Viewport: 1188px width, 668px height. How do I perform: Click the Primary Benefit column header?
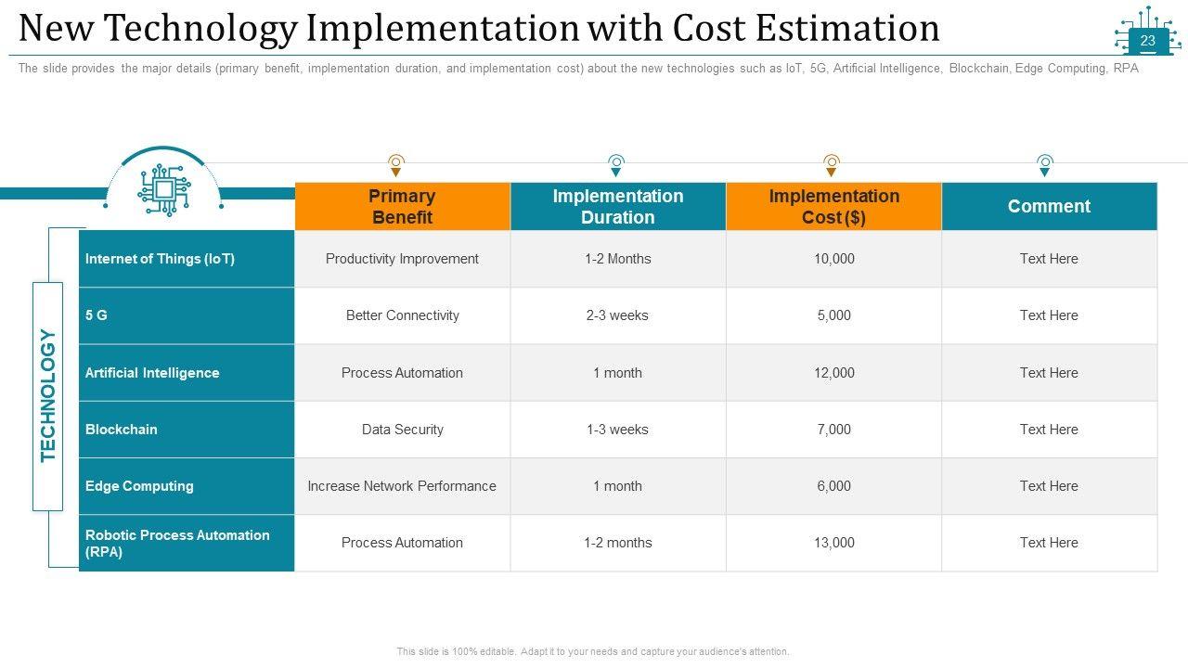[402, 206]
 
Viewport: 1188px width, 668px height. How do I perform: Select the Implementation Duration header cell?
[617, 206]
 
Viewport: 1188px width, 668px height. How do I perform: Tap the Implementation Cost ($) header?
[833, 206]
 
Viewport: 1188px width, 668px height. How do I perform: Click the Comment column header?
[1049, 206]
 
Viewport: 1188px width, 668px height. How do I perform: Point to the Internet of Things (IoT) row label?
[160, 259]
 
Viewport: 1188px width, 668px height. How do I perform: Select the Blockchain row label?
[122, 430]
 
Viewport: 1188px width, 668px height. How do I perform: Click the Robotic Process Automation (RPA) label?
[177, 543]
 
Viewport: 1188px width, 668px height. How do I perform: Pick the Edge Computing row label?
[139, 486]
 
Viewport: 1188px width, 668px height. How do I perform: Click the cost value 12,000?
[833, 373]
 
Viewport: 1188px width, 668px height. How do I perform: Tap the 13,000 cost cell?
[833, 543]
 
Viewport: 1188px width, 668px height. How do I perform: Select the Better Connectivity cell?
[402, 315]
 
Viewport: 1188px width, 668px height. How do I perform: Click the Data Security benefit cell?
[402, 430]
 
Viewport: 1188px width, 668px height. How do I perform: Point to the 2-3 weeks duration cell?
[617, 315]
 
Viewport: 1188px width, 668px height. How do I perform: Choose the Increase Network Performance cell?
[402, 486]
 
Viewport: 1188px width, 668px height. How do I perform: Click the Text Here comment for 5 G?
[1049, 315]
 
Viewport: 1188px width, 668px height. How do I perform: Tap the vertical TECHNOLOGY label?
[48, 396]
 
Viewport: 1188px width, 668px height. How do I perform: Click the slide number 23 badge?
[1147, 41]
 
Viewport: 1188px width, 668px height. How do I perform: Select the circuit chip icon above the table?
[163, 189]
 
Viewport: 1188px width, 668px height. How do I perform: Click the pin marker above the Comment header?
[1045, 165]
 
